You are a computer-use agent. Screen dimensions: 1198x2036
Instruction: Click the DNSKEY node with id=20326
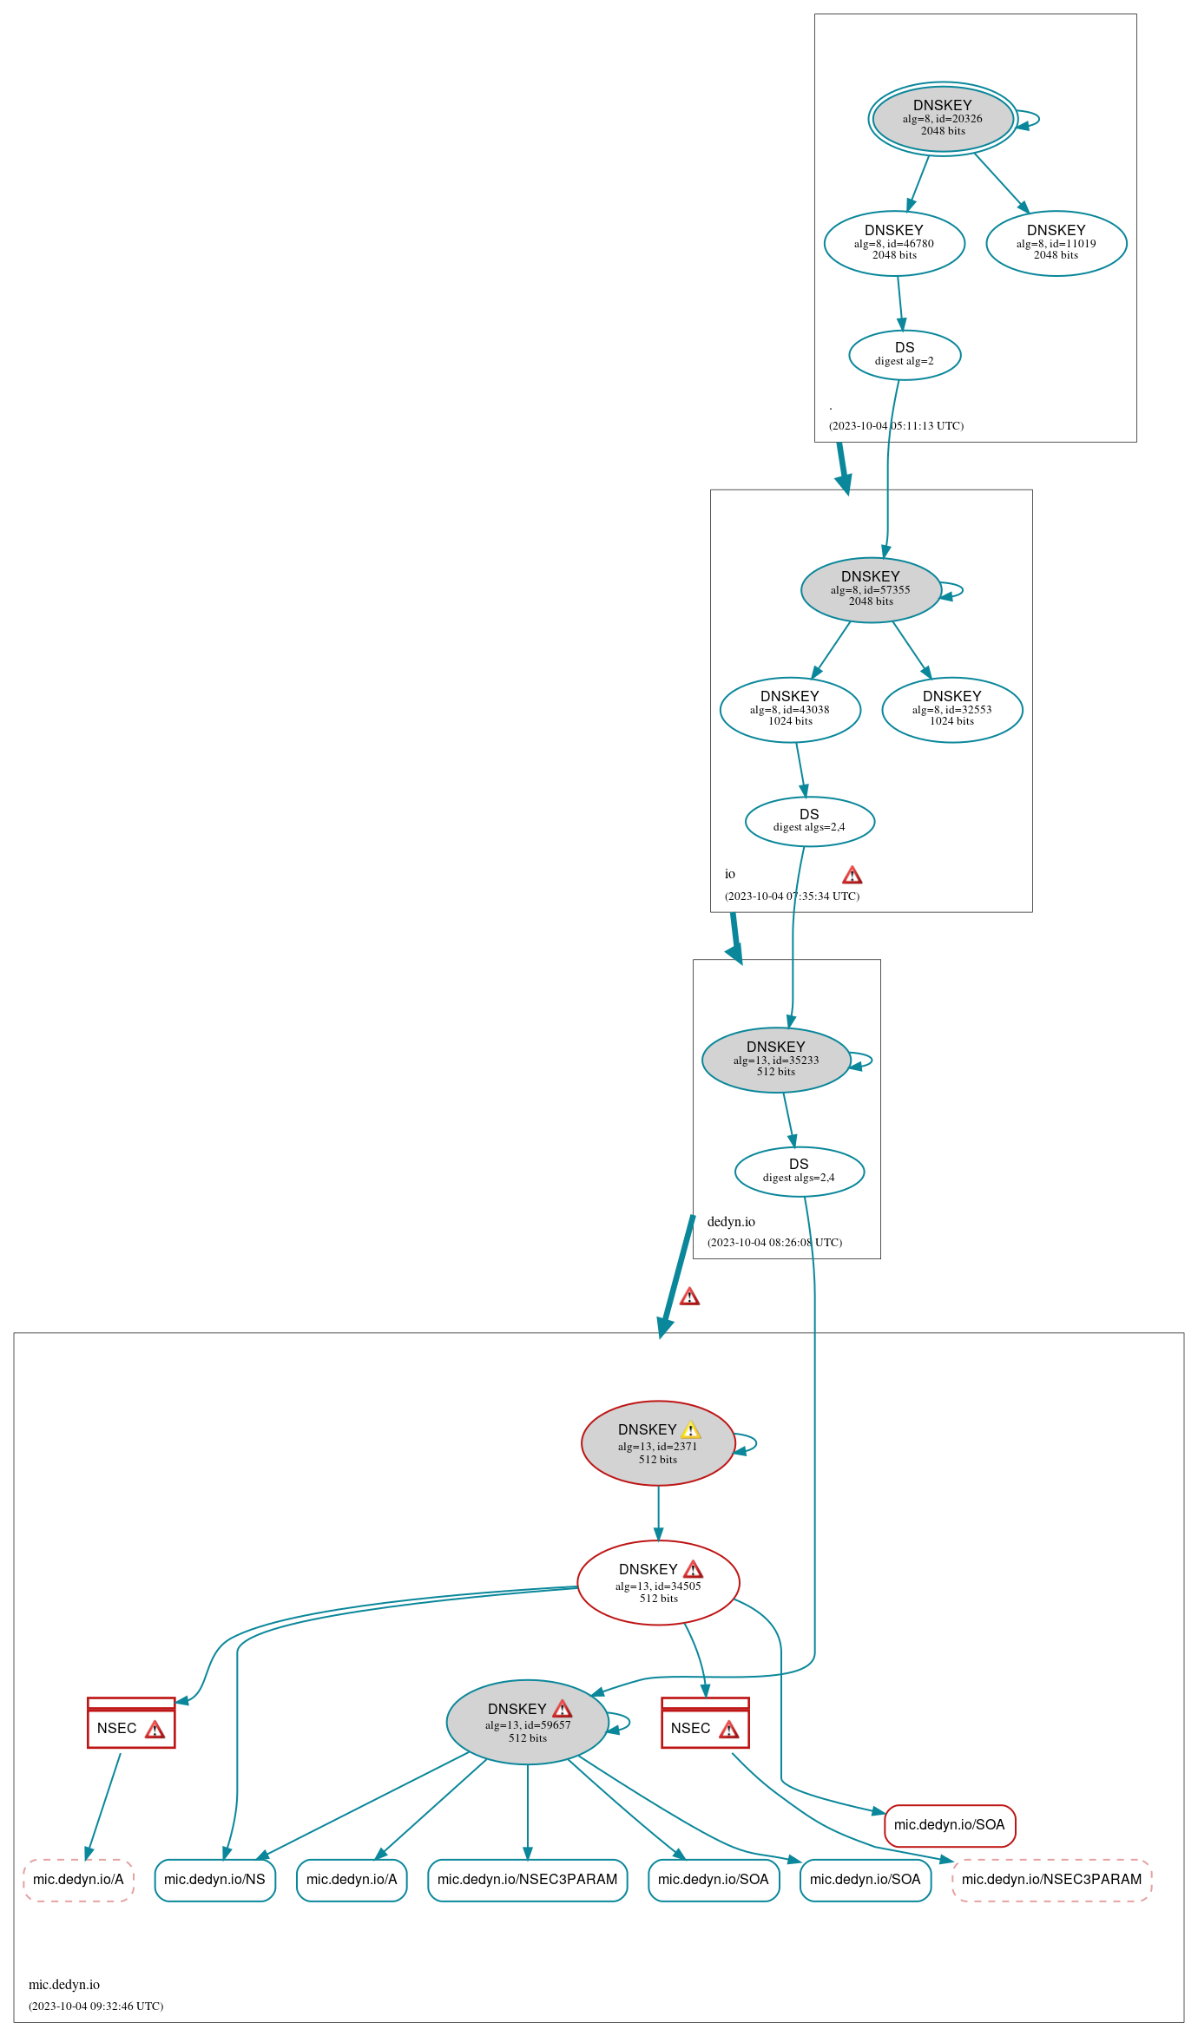(x=943, y=119)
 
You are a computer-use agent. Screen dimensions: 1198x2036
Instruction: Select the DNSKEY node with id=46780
(x=894, y=244)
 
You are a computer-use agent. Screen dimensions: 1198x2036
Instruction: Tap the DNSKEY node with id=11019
(x=1056, y=244)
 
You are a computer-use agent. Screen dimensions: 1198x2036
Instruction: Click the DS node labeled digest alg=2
(x=905, y=355)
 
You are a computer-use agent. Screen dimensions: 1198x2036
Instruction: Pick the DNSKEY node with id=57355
(x=871, y=590)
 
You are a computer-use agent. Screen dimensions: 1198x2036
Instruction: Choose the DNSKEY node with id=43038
(x=790, y=710)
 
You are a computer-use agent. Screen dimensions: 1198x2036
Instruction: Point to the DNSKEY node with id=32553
(x=952, y=710)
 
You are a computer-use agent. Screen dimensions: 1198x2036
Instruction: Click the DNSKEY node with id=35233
(x=776, y=1060)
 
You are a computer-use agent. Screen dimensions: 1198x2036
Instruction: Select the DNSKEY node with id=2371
(x=658, y=1443)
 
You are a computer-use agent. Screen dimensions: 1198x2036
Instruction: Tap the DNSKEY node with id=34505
(x=658, y=1583)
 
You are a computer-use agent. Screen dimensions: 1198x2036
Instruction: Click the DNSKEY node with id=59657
(x=528, y=1722)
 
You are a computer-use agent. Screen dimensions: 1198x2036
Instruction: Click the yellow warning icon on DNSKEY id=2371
(x=691, y=1430)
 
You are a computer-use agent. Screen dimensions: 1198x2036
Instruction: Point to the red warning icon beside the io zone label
(x=852, y=875)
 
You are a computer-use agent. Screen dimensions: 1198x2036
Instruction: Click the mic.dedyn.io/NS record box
(x=215, y=1880)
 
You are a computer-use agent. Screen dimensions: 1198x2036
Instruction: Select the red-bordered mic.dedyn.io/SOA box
(x=950, y=1825)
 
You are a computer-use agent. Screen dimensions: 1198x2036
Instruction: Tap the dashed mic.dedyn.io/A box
(x=78, y=1880)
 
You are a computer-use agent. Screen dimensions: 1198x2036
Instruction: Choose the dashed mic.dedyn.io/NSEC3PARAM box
(x=1052, y=1880)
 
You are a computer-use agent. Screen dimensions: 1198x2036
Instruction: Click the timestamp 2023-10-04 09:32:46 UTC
(x=95, y=2006)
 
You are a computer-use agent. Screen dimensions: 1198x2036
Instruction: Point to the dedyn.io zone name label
(x=731, y=1222)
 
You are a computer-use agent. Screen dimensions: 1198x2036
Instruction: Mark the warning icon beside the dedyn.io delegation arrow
(x=689, y=1297)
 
